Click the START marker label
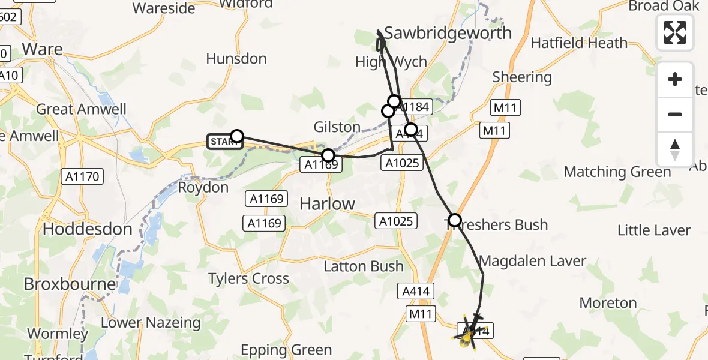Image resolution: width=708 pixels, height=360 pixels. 224,142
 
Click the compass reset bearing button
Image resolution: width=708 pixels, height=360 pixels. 675,149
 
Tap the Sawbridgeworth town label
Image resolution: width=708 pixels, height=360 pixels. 448,32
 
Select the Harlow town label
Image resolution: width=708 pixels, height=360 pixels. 327,204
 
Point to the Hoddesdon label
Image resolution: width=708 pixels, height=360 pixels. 88,229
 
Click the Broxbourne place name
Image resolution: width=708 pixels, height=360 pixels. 70,284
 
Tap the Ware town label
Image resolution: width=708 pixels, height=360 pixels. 42,49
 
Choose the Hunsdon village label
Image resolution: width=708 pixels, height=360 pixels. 236,59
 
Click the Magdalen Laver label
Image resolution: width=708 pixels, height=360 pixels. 533,261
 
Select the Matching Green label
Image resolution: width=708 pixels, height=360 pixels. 617,172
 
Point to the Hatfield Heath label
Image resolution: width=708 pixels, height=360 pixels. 579,43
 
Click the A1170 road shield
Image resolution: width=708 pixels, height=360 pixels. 82,176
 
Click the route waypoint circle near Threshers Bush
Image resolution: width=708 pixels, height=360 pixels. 455,220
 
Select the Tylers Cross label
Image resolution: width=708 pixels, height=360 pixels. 248,278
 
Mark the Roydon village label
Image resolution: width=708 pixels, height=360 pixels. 203,187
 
